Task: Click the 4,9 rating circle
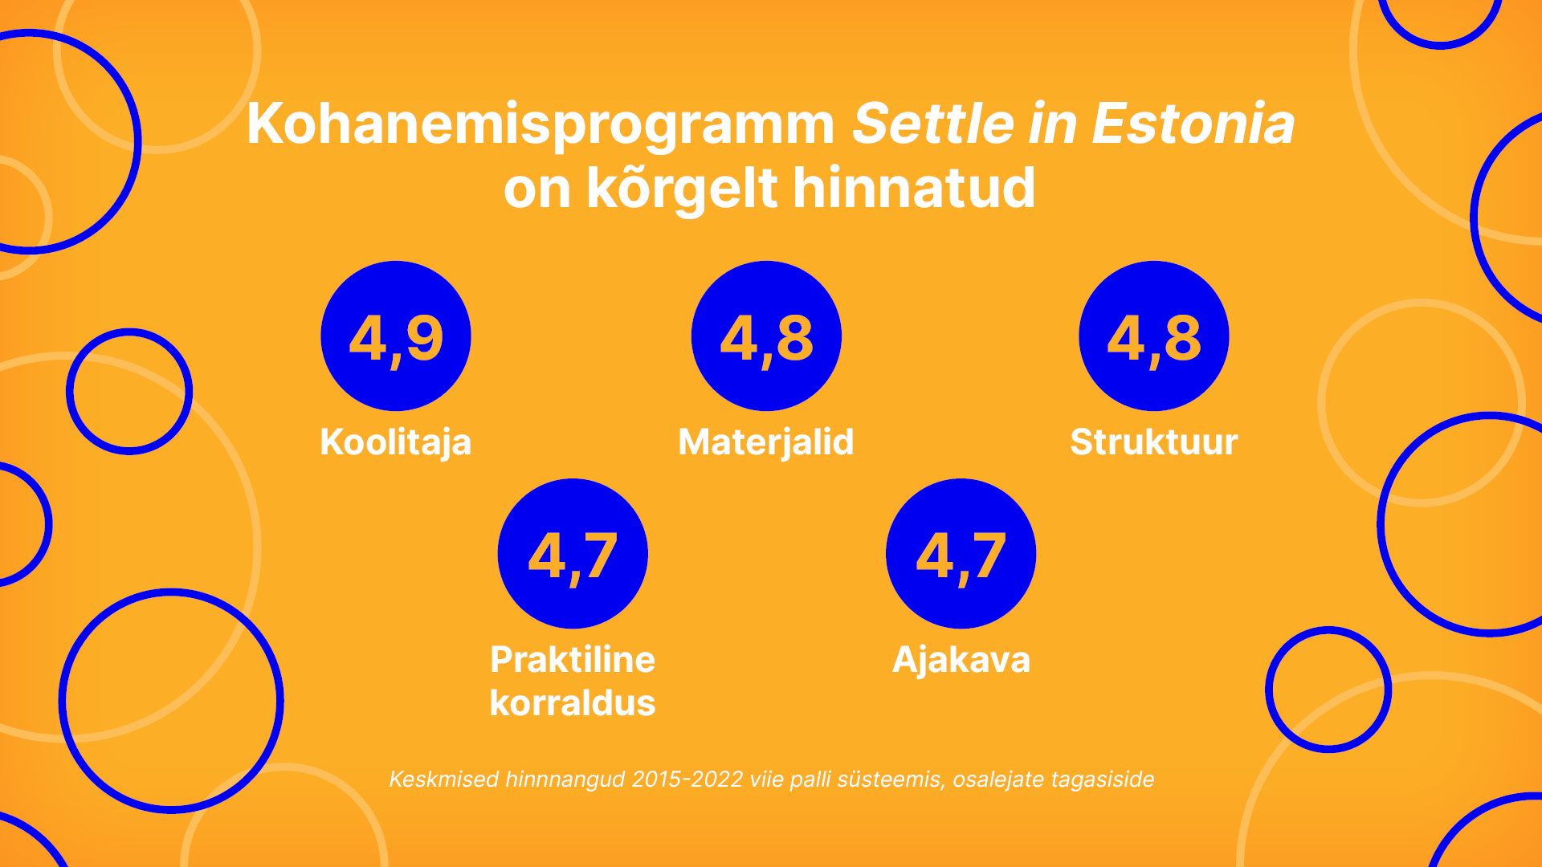point(396,336)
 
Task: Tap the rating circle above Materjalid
point(766,336)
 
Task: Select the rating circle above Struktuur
point(1153,336)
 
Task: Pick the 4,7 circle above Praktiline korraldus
point(573,553)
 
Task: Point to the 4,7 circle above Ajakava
point(961,553)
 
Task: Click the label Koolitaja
point(396,442)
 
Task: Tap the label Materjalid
point(766,442)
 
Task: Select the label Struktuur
point(1153,442)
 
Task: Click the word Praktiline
point(573,660)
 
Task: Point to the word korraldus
point(573,703)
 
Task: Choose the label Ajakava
point(961,660)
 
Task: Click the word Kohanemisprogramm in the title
point(541,124)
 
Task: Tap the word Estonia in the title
point(1193,124)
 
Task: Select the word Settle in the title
point(933,124)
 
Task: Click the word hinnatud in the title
point(914,189)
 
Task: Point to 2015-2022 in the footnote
point(687,779)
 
